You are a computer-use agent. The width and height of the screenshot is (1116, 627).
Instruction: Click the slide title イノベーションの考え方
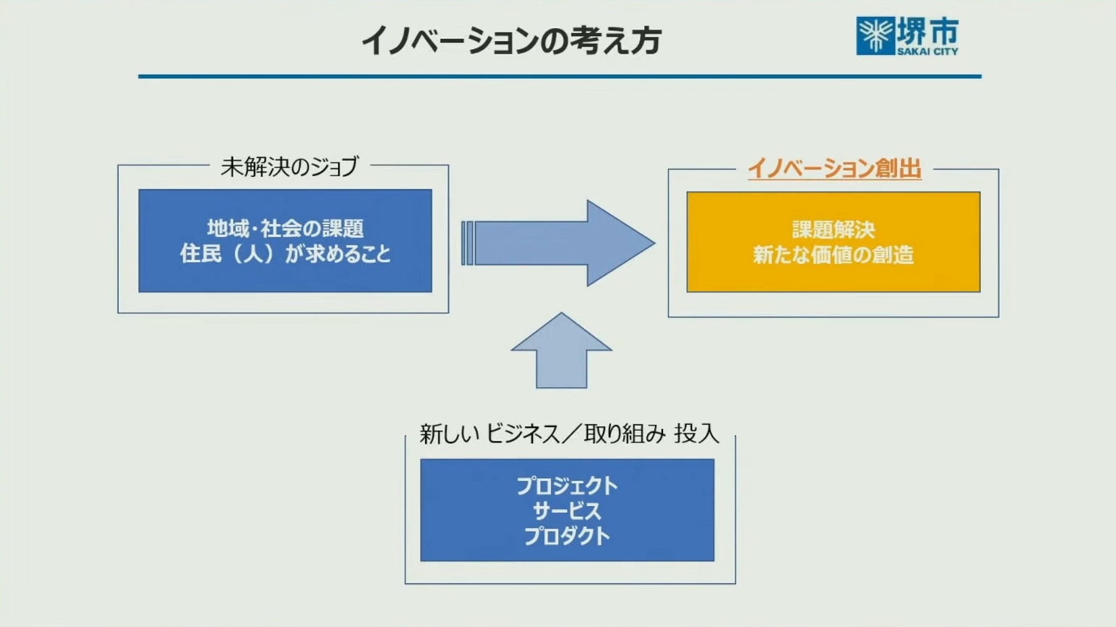[x=511, y=41]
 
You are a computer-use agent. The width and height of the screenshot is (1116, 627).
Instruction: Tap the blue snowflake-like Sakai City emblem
[x=875, y=35]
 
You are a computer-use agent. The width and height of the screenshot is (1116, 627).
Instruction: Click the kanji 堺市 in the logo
[x=927, y=31]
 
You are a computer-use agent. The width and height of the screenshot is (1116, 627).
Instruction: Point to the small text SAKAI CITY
[x=927, y=52]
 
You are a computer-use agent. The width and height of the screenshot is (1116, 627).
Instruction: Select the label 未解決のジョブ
[x=289, y=167]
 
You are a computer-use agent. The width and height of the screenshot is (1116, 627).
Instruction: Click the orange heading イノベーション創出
[x=834, y=169]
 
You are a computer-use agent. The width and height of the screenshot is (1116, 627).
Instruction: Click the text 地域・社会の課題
[x=285, y=229]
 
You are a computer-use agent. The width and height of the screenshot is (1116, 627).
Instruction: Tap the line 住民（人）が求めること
[x=285, y=254]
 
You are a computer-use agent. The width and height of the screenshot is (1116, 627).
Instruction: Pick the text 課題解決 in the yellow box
[x=833, y=230]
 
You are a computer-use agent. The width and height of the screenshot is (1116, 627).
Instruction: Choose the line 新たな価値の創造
[x=833, y=255]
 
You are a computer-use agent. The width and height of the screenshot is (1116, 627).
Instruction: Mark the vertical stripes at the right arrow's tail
[x=467, y=243]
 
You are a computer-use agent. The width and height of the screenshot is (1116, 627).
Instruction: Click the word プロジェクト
[x=567, y=486]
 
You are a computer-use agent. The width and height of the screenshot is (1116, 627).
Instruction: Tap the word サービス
[x=567, y=511]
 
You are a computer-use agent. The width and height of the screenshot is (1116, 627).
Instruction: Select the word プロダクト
[x=567, y=536]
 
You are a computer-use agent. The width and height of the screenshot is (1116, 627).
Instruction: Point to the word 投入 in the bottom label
[x=696, y=433]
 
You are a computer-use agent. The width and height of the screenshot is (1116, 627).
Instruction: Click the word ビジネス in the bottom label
[x=522, y=433]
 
